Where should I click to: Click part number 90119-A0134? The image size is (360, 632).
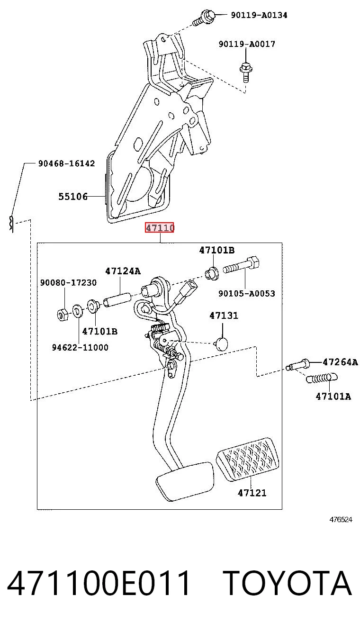(259, 15)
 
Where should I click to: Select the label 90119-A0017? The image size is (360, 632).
(247, 44)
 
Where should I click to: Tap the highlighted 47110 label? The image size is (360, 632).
(160, 227)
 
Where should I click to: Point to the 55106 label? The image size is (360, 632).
(73, 196)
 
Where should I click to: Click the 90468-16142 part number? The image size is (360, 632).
(67, 163)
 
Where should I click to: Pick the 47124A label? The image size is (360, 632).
(123, 271)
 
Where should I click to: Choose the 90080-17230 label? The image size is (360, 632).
(68, 282)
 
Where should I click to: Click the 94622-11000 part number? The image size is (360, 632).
(80, 347)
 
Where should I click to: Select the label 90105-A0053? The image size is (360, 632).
(247, 293)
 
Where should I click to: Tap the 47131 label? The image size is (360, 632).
(224, 316)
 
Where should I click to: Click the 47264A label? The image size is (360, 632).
(340, 361)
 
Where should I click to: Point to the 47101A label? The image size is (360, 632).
(333, 397)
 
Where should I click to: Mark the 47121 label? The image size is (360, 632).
(252, 493)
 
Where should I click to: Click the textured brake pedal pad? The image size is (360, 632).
(248, 460)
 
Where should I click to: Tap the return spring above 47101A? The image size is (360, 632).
(322, 378)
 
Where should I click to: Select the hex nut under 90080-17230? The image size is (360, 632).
(63, 314)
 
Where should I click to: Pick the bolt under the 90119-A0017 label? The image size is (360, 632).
(246, 73)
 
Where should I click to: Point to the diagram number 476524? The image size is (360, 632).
(341, 519)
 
